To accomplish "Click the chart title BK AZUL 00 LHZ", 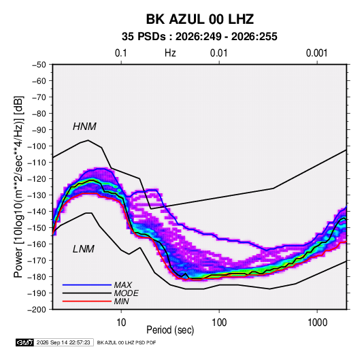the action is click(200, 19).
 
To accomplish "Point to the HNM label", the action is click(84, 127).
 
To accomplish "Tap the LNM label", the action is click(84, 249).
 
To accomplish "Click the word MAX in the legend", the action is click(123, 284).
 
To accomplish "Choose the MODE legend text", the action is click(127, 293).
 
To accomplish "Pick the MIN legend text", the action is click(121, 301).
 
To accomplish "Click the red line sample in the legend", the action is click(87, 301).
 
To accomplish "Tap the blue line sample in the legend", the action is click(87, 284).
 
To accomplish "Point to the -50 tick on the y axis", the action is click(39, 65).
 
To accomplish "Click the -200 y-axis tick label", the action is click(37, 310).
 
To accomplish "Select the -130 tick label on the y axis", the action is click(37, 195).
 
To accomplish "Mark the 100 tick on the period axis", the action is click(219, 323).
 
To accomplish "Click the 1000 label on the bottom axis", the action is click(317, 323).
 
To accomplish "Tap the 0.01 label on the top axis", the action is click(218, 53).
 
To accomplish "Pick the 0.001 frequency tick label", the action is click(316, 53).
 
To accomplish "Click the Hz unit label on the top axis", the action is click(170, 53).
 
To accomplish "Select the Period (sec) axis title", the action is click(170, 330).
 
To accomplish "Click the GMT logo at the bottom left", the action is click(25, 342).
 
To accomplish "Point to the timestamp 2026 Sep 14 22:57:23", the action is click(63, 342).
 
